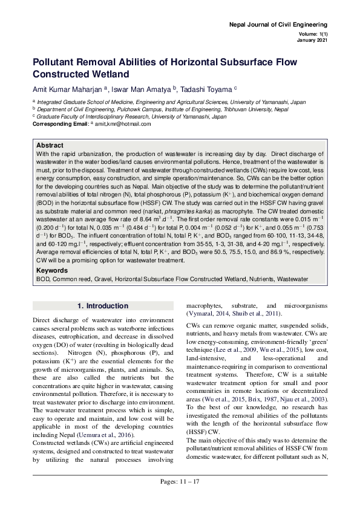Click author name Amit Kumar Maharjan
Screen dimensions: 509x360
(x=66, y=89)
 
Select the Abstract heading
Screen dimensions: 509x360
(x=50, y=146)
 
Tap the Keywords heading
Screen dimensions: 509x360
(x=53, y=270)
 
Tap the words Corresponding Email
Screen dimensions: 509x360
(x=60, y=123)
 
